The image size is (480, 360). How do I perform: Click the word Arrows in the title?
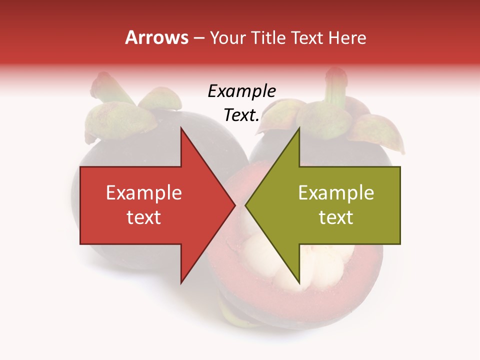(156, 37)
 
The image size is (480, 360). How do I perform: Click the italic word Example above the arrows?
(241, 91)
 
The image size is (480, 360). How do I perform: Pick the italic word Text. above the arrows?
(241, 115)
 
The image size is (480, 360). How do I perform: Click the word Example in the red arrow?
(144, 193)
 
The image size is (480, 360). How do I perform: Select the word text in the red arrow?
(144, 217)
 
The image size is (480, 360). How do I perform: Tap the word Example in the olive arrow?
(336, 193)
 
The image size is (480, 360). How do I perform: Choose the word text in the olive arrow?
(336, 217)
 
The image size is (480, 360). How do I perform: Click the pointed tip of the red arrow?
(234, 205)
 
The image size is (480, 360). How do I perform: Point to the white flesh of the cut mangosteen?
(260, 250)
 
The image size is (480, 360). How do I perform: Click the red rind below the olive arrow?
(340, 280)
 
